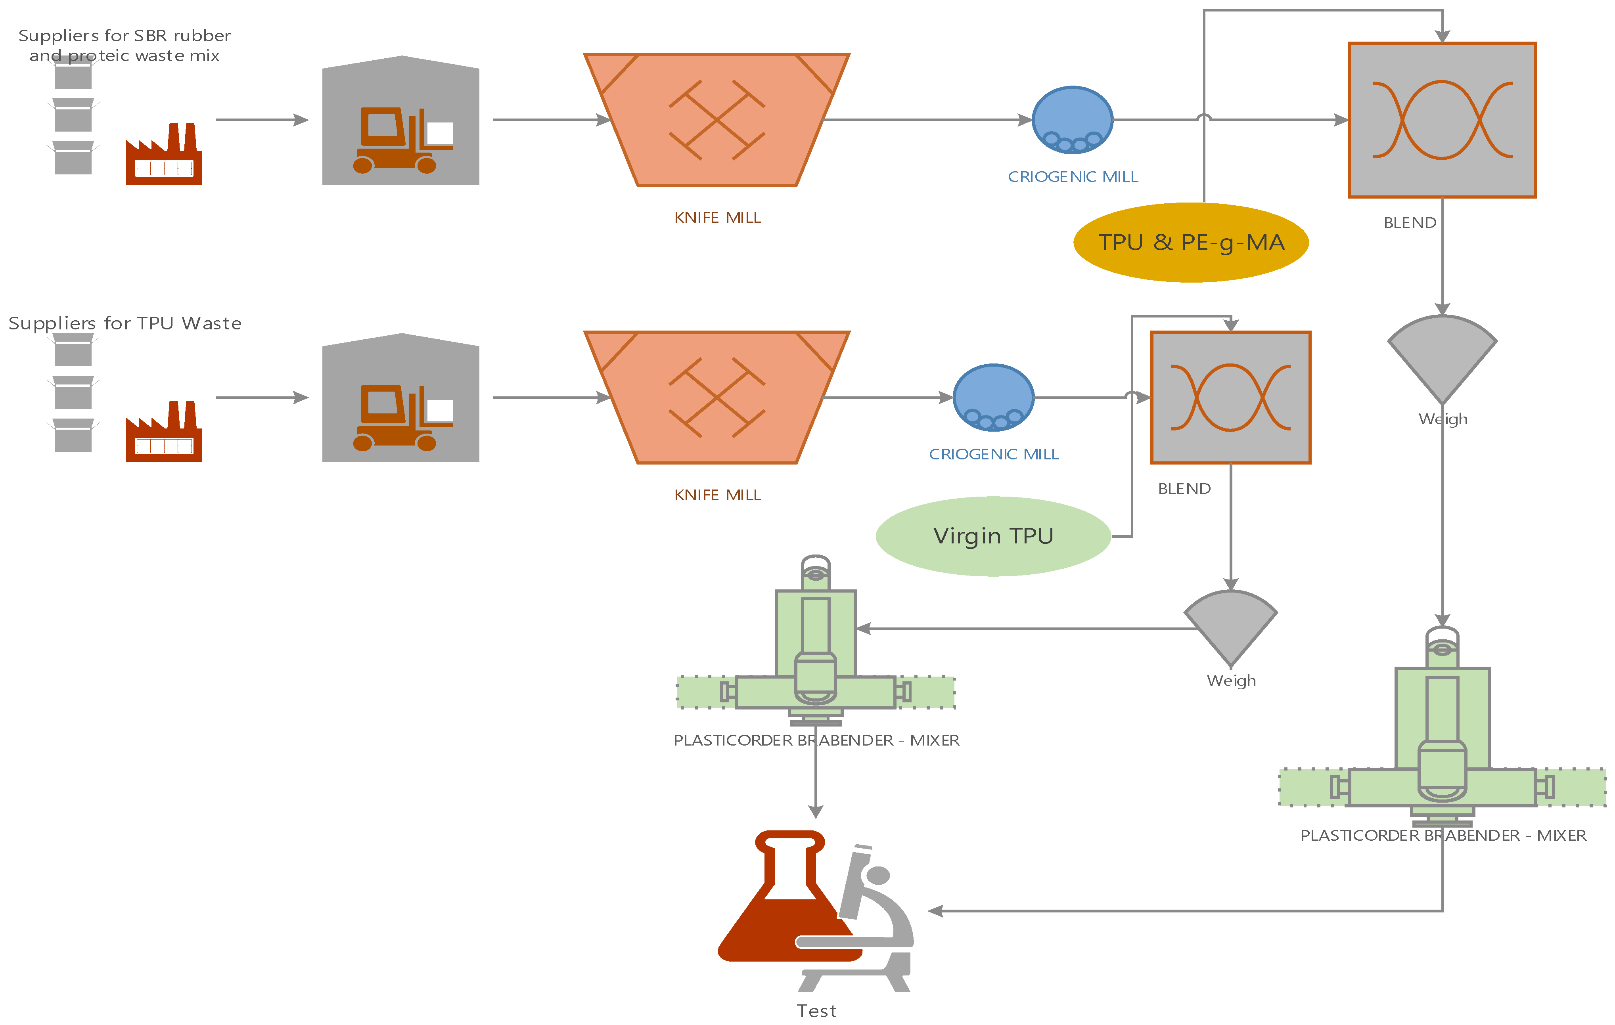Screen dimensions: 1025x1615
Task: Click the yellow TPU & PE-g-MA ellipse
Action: (x=1190, y=243)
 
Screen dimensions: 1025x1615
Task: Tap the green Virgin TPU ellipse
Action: (x=993, y=536)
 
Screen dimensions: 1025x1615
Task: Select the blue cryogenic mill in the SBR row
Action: (x=1073, y=120)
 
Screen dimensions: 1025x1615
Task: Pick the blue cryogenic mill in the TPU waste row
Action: (x=993, y=398)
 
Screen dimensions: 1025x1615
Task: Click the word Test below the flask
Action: (x=816, y=1011)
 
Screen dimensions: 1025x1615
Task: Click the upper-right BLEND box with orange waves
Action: (x=1442, y=120)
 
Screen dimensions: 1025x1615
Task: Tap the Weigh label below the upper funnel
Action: (x=1443, y=419)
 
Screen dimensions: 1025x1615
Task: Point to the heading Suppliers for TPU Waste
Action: (x=125, y=323)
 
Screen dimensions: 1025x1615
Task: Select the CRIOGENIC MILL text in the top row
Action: (x=1073, y=177)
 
